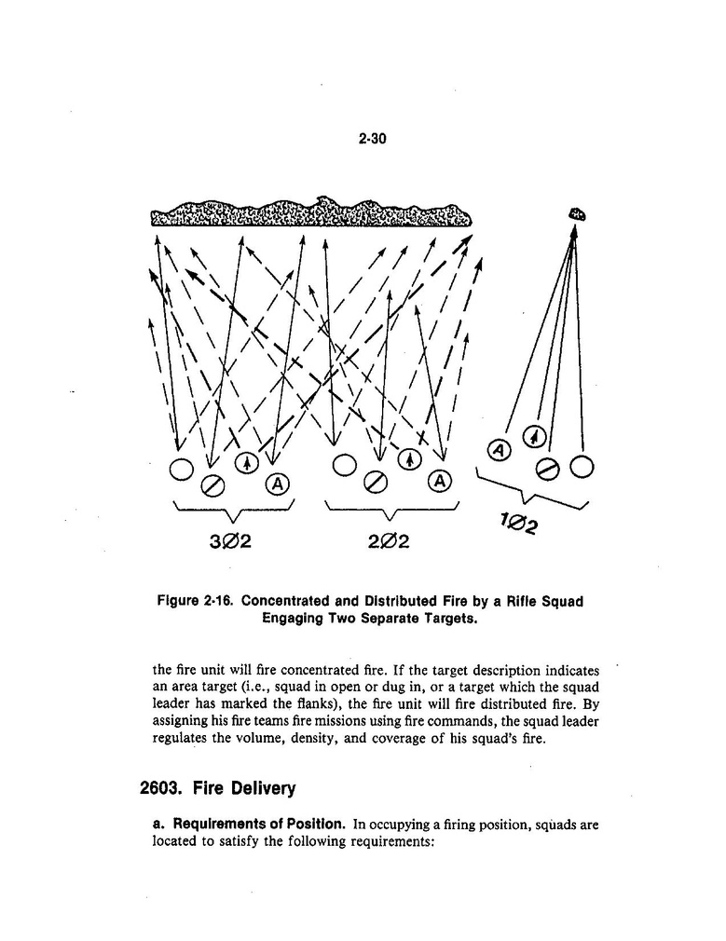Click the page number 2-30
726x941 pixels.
point(372,139)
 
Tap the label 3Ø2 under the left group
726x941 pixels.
point(229,540)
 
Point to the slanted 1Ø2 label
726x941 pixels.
point(519,526)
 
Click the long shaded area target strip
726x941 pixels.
point(310,214)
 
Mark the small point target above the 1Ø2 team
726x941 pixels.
point(577,214)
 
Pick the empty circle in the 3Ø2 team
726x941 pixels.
point(181,469)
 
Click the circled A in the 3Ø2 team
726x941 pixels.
point(278,483)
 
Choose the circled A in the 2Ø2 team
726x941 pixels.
point(439,481)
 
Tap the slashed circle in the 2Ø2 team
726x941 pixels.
point(376,482)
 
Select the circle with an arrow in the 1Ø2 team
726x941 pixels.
point(533,435)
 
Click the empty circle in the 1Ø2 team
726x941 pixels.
point(583,465)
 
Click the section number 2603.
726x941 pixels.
point(162,789)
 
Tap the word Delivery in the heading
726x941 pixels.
point(262,789)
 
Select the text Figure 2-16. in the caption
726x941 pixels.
point(196,602)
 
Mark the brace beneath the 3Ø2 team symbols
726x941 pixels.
point(234,511)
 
